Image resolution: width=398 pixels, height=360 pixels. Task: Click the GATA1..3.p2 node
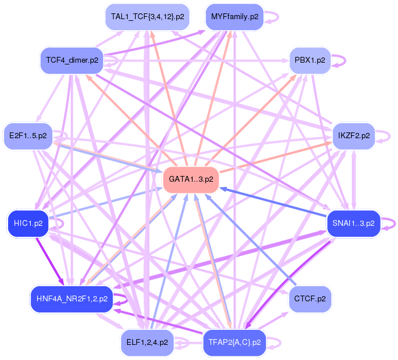coord(191,179)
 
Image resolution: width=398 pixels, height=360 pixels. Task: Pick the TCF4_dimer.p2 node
coord(72,60)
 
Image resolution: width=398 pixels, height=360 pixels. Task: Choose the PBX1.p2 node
coord(310,60)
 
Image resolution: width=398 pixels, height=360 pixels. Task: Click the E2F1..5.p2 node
coord(28,136)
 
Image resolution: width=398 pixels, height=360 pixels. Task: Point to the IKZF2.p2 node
coord(353,136)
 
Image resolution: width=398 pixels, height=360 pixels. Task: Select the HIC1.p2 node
coord(28,222)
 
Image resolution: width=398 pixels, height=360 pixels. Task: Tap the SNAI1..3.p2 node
coord(353,222)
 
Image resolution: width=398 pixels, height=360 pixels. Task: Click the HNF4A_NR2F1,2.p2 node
coord(71,299)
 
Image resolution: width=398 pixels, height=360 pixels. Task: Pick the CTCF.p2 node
coord(310,299)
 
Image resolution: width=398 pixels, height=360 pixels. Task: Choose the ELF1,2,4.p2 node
coord(147,342)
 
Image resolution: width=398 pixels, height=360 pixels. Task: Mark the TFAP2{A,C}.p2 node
coord(234,342)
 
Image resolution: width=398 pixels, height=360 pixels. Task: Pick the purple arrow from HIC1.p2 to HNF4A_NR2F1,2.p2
coord(48,257)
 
